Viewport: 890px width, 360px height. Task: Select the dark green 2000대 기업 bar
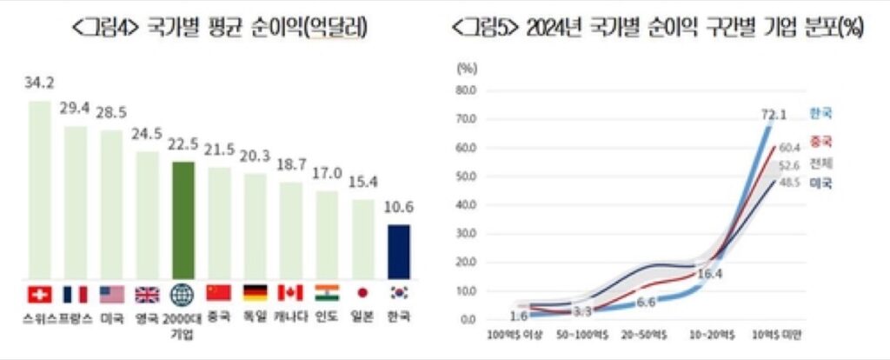click(x=183, y=218)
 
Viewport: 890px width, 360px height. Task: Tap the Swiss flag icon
click(x=40, y=293)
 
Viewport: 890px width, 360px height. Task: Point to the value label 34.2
click(x=40, y=84)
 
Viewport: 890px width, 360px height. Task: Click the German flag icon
click(x=255, y=293)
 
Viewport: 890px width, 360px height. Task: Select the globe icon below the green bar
click(x=183, y=293)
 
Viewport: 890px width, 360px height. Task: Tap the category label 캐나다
click(x=289, y=317)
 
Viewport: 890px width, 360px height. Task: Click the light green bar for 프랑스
click(x=76, y=201)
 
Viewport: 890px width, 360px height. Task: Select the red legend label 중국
click(x=820, y=140)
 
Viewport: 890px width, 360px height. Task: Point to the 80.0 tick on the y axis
click(x=466, y=90)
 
